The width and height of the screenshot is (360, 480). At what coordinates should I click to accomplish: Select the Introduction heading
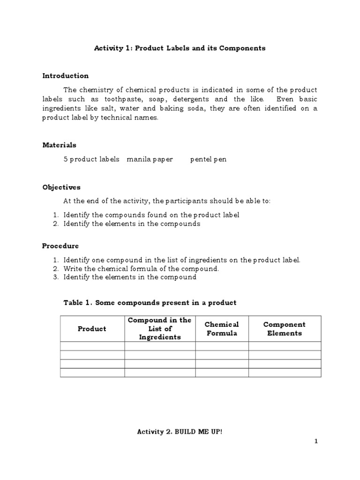pyautogui.click(x=65, y=75)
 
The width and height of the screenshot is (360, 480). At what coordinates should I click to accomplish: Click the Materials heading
pyautogui.click(x=59, y=145)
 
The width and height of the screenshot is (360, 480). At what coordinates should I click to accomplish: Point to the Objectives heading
pyautogui.click(x=61, y=187)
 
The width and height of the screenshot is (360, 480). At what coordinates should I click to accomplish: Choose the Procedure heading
pyautogui.click(x=60, y=246)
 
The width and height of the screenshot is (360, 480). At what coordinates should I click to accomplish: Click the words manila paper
pyautogui.click(x=150, y=159)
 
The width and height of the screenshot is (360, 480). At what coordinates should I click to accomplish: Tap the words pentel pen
pyautogui.click(x=208, y=159)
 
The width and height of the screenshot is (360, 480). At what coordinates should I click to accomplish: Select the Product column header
pyautogui.click(x=92, y=329)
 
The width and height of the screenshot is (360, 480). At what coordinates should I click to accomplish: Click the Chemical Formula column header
pyautogui.click(x=222, y=329)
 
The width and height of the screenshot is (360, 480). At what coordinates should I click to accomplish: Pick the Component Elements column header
pyautogui.click(x=285, y=329)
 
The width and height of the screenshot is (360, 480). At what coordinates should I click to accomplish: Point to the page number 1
pyautogui.click(x=316, y=441)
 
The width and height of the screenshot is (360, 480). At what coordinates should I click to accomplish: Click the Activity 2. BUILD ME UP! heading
pyautogui.click(x=180, y=431)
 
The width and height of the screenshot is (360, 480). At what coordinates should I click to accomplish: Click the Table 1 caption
pyautogui.click(x=150, y=303)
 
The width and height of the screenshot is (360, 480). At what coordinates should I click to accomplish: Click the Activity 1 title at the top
pyautogui.click(x=180, y=48)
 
